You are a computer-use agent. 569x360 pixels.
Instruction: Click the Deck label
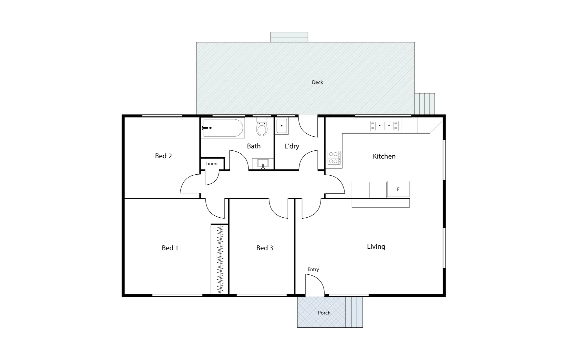317,82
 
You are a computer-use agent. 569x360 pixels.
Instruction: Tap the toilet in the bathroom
262,127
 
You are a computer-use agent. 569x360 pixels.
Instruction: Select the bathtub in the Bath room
223,128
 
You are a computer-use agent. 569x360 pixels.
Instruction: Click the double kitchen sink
384,126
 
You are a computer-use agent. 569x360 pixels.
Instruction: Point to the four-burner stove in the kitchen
334,158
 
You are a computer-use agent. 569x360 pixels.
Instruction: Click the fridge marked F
398,189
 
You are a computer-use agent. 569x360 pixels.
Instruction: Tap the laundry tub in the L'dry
282,126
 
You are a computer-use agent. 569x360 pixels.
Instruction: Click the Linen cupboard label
211,164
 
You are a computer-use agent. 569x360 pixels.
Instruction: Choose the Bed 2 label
163,156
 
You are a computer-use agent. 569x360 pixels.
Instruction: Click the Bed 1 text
170,248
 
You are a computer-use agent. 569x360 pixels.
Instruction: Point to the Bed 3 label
264,248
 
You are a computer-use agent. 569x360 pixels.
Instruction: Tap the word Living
376,247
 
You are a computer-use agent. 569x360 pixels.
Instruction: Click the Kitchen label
384,156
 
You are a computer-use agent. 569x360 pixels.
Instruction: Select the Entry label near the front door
313,269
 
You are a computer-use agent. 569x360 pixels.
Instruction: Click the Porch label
324,313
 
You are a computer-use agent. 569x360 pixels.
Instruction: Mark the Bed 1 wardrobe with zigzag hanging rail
220,259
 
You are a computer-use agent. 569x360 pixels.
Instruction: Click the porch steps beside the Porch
354,312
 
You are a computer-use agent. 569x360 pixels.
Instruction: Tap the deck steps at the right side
425,103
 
